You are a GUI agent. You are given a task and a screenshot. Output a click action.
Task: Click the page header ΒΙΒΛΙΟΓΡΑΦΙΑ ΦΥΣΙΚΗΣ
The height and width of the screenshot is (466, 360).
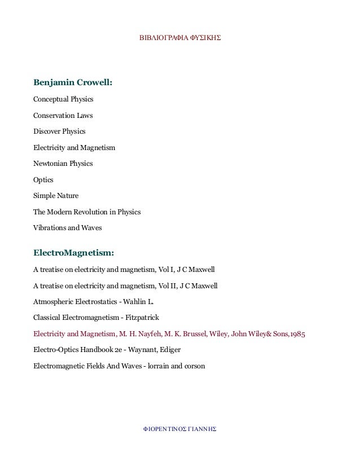(x=179, y=41)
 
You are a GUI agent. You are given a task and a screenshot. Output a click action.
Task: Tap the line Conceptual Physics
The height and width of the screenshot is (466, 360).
(x=63, y=99)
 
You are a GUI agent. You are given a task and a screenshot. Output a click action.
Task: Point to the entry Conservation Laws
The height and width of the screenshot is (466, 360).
(x=63, y=116)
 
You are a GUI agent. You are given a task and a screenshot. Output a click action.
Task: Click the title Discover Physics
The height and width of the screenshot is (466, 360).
(x=59, y=131)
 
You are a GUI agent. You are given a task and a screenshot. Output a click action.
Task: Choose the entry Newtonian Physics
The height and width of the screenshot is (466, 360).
(x=63, y=164)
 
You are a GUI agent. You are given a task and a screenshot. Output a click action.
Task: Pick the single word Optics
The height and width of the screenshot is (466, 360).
(x=43, y=180)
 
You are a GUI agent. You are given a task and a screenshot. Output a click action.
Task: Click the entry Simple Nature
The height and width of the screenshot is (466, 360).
(x=56, y=196)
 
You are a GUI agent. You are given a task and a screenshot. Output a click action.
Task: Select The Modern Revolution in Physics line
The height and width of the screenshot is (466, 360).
(x=87, y=212)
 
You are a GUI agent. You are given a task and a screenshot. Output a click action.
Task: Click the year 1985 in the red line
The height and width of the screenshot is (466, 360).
(x=297, y=334)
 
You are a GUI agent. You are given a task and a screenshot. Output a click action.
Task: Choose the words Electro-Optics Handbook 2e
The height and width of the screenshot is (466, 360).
(x=77, y=350)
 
